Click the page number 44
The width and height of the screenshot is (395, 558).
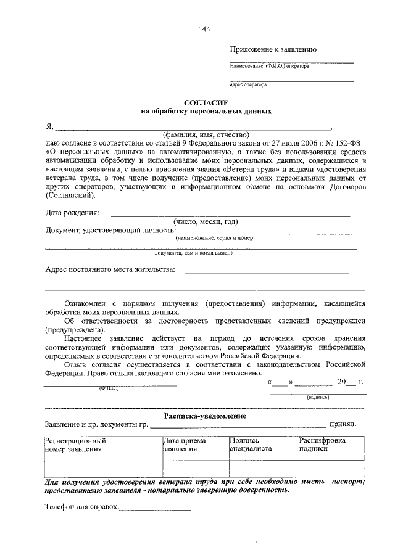(206, 29)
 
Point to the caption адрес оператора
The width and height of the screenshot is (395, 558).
(247, 86)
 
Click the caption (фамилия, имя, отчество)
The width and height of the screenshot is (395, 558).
(206, 134)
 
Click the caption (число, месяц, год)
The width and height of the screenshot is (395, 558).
(206, 221)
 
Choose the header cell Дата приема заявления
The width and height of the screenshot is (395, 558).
(185, 445)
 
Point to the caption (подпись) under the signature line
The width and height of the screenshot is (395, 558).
(318, 398)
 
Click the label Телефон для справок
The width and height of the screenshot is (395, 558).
(82, 508)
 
